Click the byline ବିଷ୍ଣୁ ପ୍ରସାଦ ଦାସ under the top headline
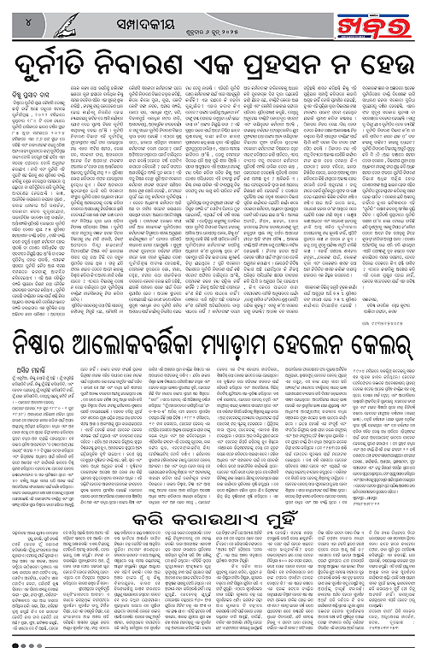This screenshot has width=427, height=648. [x=37, y=88]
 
